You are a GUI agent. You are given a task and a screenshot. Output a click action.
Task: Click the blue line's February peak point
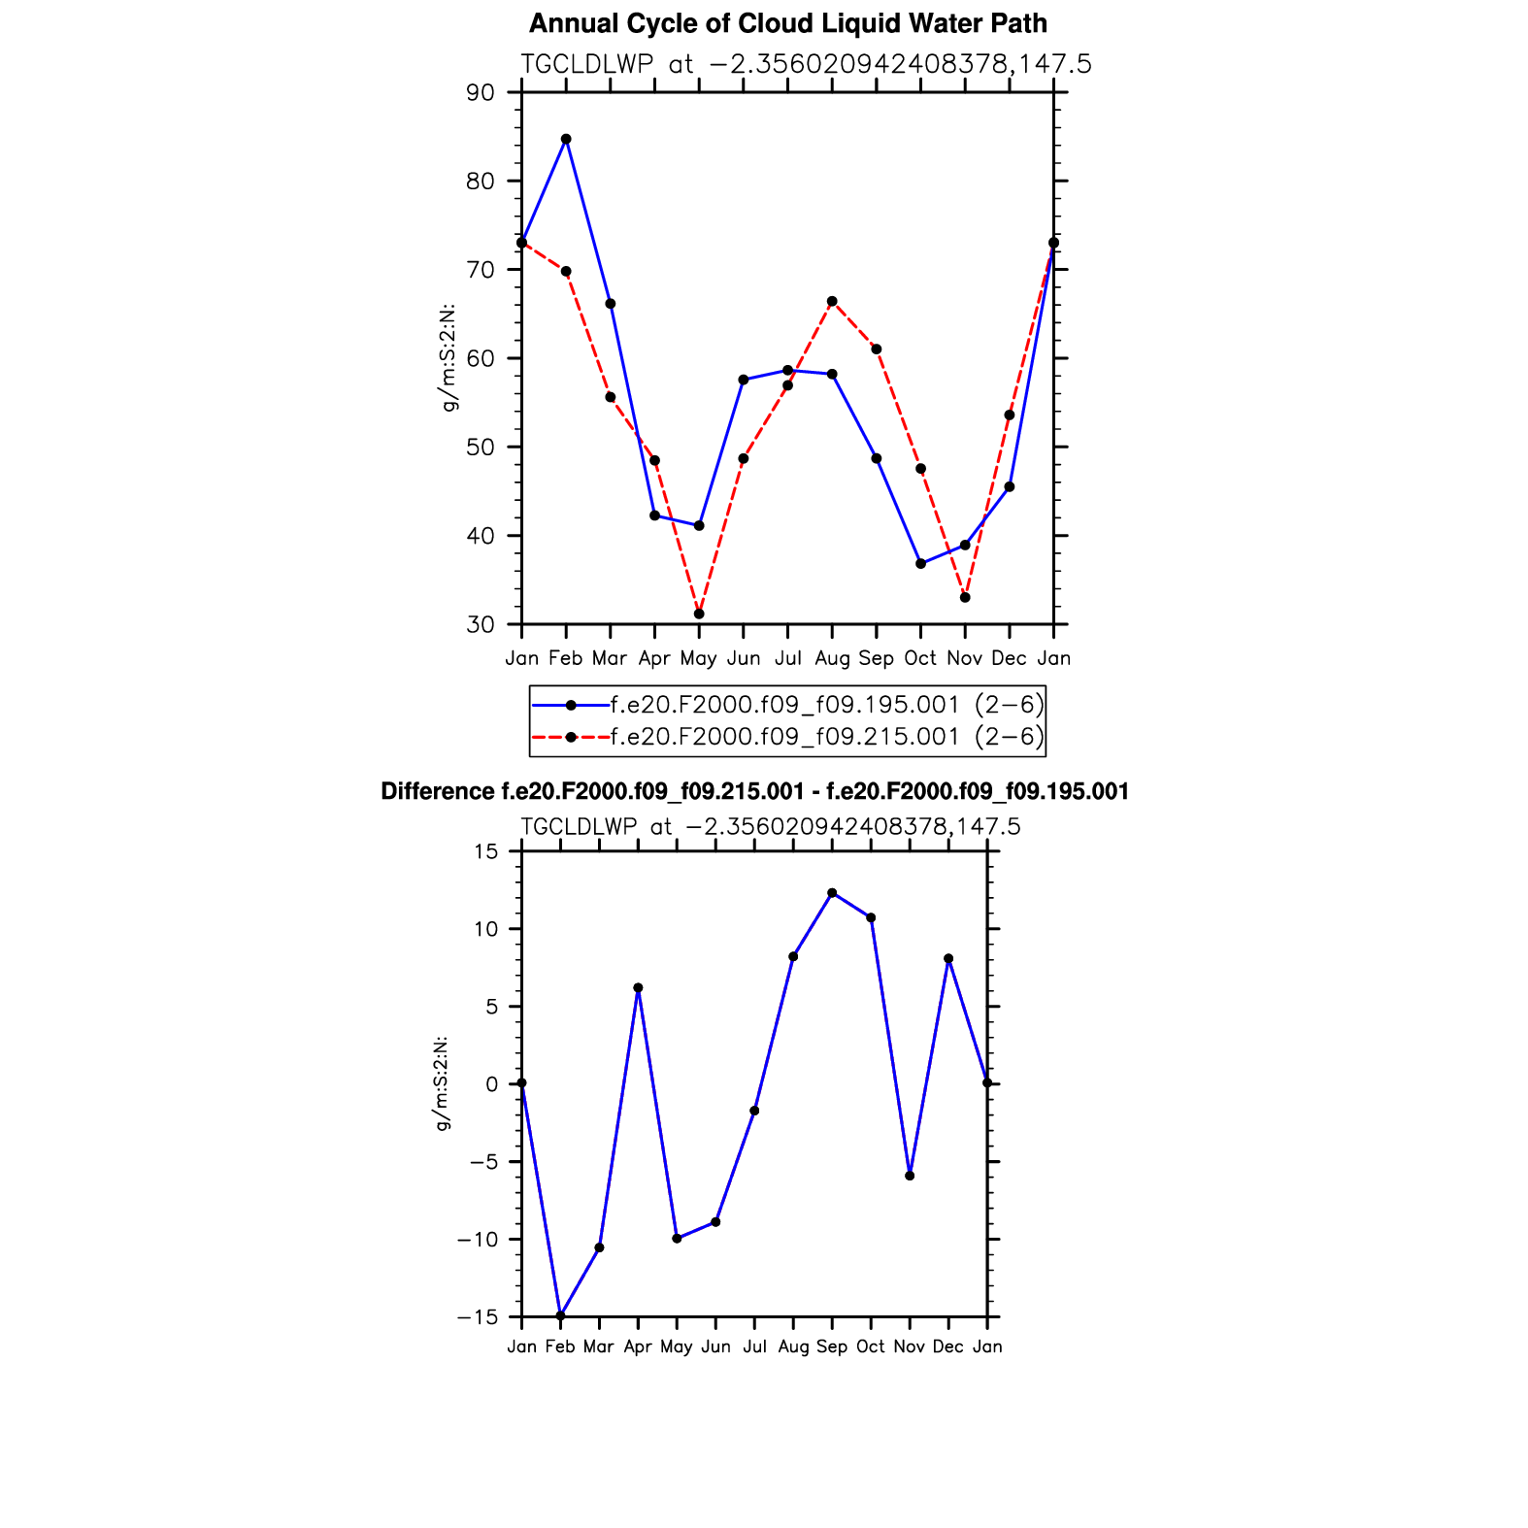point(566,139)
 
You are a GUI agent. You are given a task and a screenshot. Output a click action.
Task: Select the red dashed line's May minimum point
point(699,614)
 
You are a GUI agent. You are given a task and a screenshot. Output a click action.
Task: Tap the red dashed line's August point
point(832,301)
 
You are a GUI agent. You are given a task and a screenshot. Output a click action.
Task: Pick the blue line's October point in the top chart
point(920,563)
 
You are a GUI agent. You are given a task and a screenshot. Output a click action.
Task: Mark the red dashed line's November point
point(965,597)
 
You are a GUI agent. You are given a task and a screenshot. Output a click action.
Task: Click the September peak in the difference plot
point(832,892)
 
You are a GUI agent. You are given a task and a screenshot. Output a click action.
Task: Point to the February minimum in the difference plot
point(560,1315)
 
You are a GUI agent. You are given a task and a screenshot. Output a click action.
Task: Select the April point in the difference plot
point(638,987)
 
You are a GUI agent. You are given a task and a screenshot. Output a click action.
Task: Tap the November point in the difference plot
point(910,1176)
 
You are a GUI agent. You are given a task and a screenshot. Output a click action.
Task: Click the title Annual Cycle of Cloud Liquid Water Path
point(787,23)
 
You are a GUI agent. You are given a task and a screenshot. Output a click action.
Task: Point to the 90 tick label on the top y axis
point(480,93)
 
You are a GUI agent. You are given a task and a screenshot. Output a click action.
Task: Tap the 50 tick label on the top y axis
point(480,448)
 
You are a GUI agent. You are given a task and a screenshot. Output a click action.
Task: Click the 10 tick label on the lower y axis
point(485,929)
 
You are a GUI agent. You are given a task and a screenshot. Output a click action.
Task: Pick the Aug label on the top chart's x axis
point(832,658)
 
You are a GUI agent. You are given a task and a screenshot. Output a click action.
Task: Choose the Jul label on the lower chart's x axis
point(754,1346)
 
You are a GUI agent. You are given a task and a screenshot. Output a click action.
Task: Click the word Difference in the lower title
point(437,792)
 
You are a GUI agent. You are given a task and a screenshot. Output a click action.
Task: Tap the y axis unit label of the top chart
point(448,358)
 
